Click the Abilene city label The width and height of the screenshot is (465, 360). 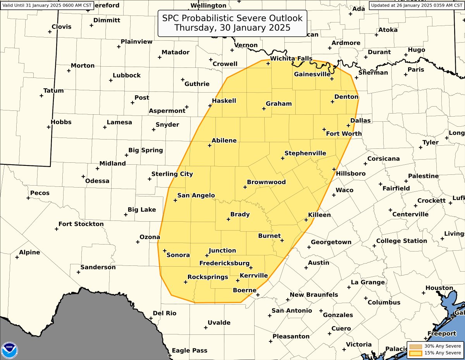tap(224, 141)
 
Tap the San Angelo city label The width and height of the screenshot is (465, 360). tap(196, 196)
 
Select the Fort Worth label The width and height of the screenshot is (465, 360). tap(344, 134)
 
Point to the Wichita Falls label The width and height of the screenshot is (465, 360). tap(291, 59)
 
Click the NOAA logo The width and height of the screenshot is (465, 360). tap(9, 350)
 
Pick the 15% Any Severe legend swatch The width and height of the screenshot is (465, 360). tap(416, 353)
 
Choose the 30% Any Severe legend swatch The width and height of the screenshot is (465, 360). tap(416, 346)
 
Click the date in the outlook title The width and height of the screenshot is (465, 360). tap(232, 28)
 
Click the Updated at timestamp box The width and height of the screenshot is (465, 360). tap(416, 5)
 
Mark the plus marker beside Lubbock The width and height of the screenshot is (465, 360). tap(111, 81)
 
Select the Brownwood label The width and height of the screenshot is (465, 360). tap(266, 182)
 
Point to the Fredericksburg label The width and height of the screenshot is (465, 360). tap(224, 263)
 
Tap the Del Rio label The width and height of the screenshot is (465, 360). tap(165, 313)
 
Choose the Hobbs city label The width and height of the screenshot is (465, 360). tap(60, 122)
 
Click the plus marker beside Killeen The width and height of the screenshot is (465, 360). tap(306, 220)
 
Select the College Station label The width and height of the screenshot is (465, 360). tap(401, 241)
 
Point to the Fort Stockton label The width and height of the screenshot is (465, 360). tap(81, 224)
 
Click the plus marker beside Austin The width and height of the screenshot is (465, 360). tap(306, 268)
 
